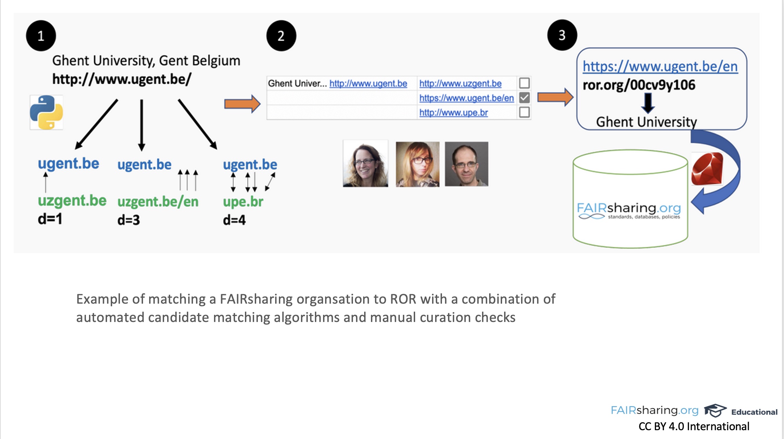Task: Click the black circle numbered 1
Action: pyautogui.click(x=41, y=36)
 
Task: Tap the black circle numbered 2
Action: pyautogui.click(x=281, y=36)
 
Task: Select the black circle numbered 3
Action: pyautogui.click(x=562, y=35)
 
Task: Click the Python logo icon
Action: pyautogui.click(x=47, y=112)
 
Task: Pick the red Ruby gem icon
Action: pyautogui.click(x=708, y=169)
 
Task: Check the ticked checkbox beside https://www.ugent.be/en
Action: pyautogui.click(x=524, y=98)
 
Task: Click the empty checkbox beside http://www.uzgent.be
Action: pyautogui.click(x=524, y=83)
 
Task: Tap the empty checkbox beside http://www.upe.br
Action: pyautogui.click(x=524, y=112)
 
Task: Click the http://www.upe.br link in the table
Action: pyautogui.click(x=453, y=113)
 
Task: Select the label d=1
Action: pyautogui.click(x=50, y=219)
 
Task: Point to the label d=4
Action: pyautogui.click(x=234, y=220)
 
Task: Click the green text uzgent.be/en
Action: pyautogui.click(x=158, y=202)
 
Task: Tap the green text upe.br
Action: pyautogui.click(x=243, y=202)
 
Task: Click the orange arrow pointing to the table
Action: pyautogui.click(x=242, y=104)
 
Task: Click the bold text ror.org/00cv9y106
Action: pyautogui.click(x=639, y=85)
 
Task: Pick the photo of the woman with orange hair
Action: pyautogui.click(x=417, y=164)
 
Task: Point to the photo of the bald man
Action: pyautogui.click(x=466, y=164)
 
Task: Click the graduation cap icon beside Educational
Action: pyautogui.click(x=715, y=411)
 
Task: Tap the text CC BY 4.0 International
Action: pyautogui.click(x=694, y=426)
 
